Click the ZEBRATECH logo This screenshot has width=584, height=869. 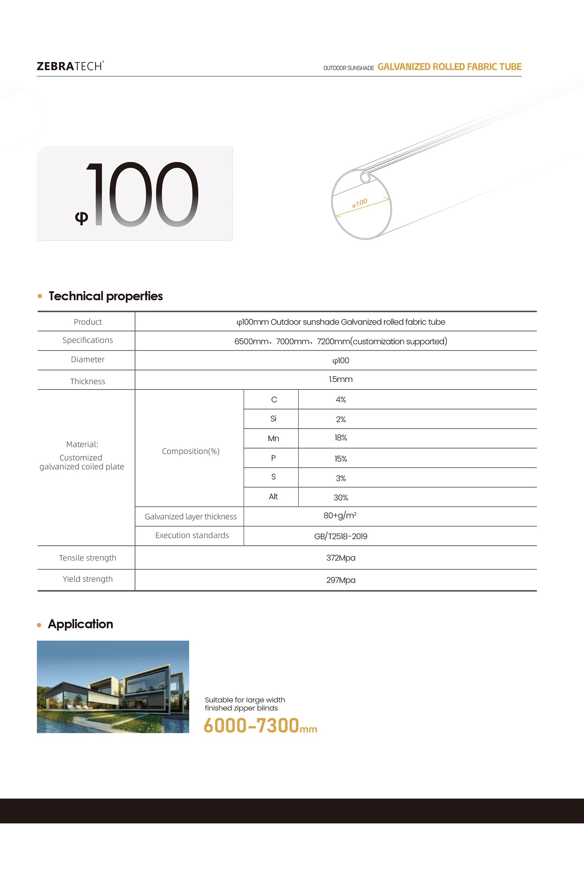coord(70,66)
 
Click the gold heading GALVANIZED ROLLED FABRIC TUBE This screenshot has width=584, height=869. coord(449,67)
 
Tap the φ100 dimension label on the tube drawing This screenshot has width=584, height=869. coord(360,203)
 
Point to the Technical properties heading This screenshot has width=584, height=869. coord(105,296)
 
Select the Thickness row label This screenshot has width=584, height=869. coord(88,381)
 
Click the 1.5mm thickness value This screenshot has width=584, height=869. coord(340,380)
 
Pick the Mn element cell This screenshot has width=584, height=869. coord(273,439)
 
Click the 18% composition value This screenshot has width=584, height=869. coord(340,438)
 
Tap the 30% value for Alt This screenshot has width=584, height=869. coord(340,498)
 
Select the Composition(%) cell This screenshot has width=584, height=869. coord(191,451)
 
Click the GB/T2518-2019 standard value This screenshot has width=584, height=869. coord(340,536)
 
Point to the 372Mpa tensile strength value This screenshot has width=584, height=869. coord(340,558)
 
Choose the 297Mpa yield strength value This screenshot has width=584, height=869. coord(340,580)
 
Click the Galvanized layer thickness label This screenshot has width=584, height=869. coord(191,517)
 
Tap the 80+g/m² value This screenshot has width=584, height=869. coord(340,516)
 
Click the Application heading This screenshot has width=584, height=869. coord(80,624)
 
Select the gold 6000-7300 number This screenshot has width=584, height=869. coord(251,726)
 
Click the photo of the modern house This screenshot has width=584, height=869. coord(113,686)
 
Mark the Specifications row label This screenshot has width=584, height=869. coord(88,340)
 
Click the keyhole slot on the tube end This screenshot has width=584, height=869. coord(365,178)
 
